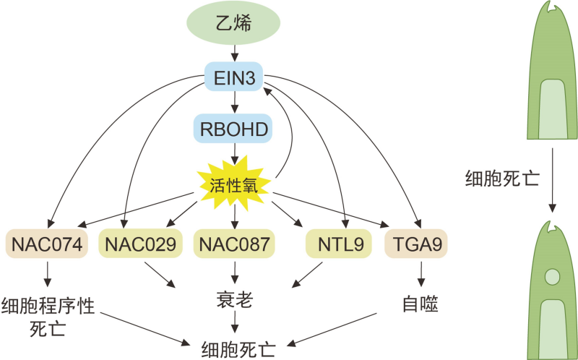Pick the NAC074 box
47,244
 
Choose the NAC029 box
140,244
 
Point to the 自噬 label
420,304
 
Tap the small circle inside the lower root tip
553,276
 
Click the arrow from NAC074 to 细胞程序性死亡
48,273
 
